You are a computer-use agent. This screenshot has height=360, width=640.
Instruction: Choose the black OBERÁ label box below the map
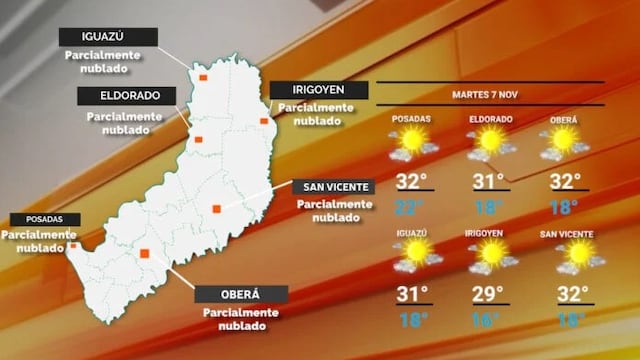pos(240,294)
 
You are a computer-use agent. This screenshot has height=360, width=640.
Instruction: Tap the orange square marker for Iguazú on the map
pos(202,76)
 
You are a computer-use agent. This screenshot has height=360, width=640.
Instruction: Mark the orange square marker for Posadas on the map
pos(73,244)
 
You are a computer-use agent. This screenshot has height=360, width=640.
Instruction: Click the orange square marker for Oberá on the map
pos(145,254)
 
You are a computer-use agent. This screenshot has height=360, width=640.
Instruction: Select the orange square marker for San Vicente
pos(216,209)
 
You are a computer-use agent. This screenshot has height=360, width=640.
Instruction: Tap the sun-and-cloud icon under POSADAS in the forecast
pos(411,144)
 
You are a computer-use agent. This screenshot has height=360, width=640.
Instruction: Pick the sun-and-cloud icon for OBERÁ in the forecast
pos(564,144)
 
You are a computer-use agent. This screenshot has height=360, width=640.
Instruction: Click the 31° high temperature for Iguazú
pos(411,295)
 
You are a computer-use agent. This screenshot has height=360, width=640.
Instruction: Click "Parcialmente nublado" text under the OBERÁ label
pos(240,320)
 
